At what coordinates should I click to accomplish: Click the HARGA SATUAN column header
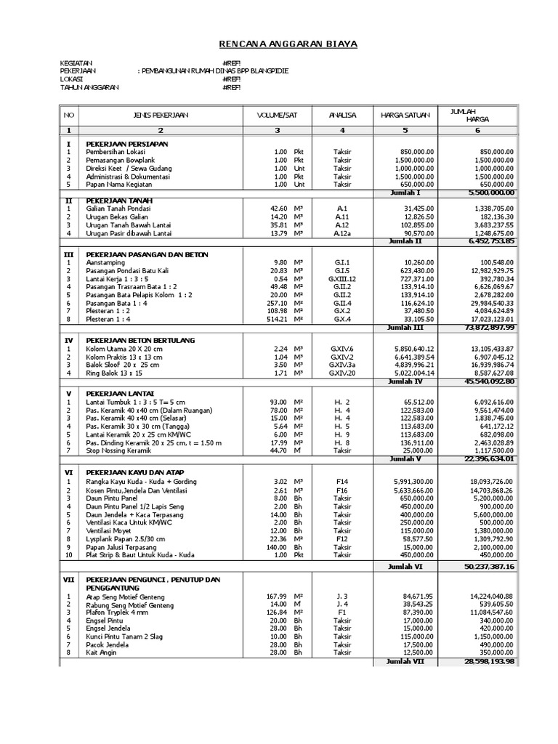[x=405, y=115]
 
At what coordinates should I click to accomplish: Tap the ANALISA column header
[x=341, y=115]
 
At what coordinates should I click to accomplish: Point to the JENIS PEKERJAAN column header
[x=161, y=115]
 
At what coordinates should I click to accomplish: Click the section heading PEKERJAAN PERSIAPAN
[x=126, y=144]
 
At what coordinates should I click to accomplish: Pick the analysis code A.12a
[x=341, y=232]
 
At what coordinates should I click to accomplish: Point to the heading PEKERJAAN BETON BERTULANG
[x=140, y=340]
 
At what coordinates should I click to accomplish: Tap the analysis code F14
[x=341, y=482]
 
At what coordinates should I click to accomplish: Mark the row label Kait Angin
[x=102, y=652]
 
